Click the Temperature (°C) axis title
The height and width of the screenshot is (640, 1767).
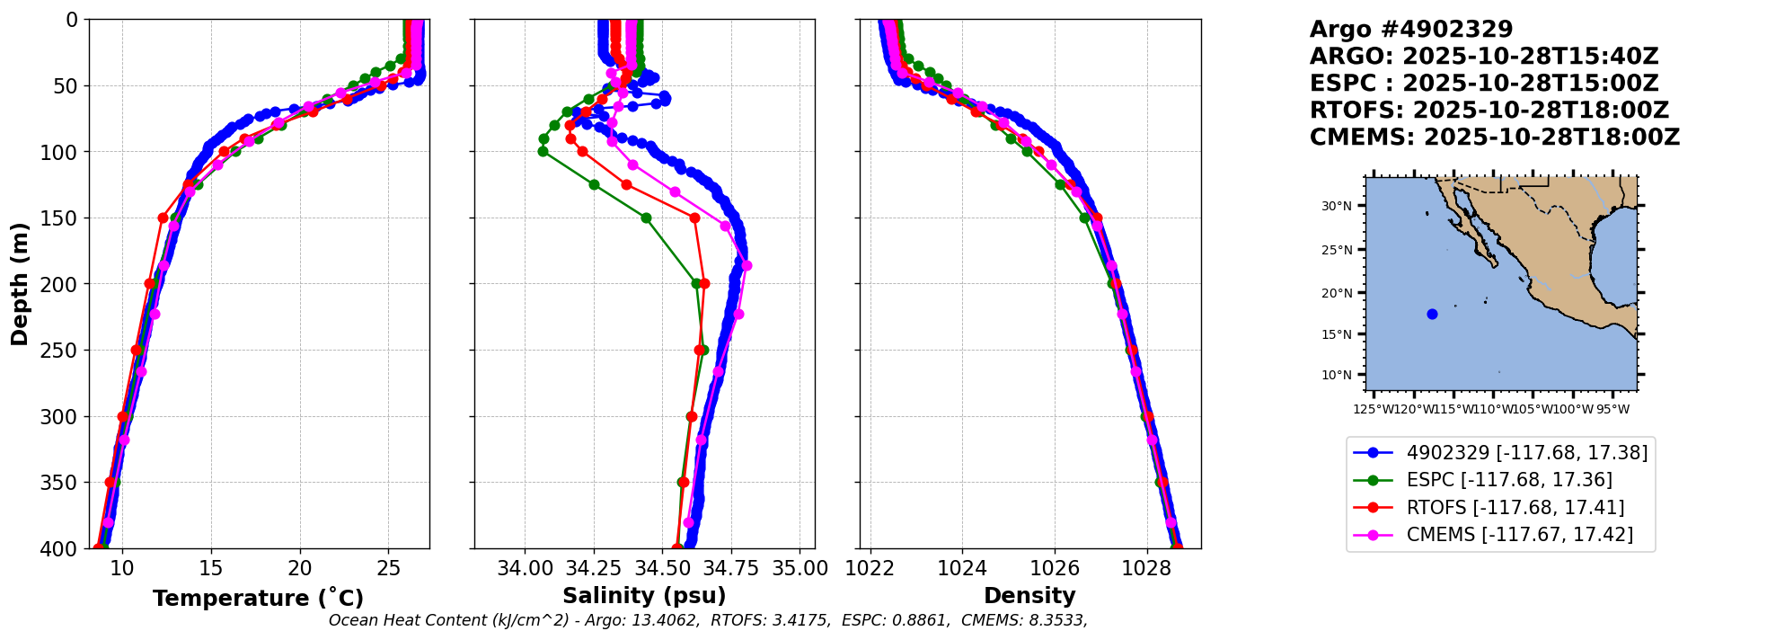pos(258,598)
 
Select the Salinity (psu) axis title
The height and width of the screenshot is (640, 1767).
pos(644,596)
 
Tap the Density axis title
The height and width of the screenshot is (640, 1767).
pos(1029,596)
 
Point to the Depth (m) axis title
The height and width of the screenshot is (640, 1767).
pos(19,284)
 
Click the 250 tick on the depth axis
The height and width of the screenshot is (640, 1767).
pos(63,351)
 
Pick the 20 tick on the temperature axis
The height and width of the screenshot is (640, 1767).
pos(300,568)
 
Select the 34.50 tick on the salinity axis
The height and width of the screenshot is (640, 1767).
pos(663,568)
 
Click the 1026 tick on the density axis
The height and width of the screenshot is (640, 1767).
pos(1055,568)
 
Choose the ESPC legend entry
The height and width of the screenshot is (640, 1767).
pos(1508,480)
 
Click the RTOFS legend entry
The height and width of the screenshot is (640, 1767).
pos(1515,508)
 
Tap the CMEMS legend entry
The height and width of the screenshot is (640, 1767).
pos(1519,535)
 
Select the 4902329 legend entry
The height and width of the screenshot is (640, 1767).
pos(1526,453)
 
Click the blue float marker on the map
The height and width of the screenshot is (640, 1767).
pos(1432,314)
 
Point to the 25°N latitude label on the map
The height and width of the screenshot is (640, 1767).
pos(1336,250)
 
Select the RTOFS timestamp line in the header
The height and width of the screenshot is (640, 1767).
pos(1489,111)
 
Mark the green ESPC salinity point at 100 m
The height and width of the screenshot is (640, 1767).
pos(543,151)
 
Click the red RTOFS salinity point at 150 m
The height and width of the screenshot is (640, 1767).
pos(694,218)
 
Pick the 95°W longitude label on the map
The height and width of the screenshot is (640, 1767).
pos(1613,410)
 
